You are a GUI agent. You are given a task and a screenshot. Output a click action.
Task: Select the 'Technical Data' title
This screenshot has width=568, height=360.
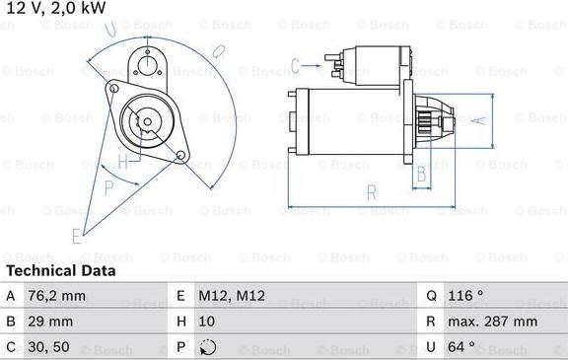[60, 270]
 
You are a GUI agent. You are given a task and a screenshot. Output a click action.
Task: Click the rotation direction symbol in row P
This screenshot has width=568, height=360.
[207, 347]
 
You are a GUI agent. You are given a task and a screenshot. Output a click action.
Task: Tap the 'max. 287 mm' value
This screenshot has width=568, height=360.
[493, 321]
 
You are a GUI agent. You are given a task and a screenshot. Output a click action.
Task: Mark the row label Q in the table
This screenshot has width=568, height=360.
[431, 294]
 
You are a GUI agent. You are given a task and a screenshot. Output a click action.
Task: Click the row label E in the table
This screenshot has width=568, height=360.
[181, 294]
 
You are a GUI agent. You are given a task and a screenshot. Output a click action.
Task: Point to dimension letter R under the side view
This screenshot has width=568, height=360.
[371, 193]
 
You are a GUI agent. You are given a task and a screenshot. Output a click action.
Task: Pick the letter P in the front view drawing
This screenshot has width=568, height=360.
[109, 186]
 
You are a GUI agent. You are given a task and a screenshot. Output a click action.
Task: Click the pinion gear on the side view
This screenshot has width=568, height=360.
[428, 123]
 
